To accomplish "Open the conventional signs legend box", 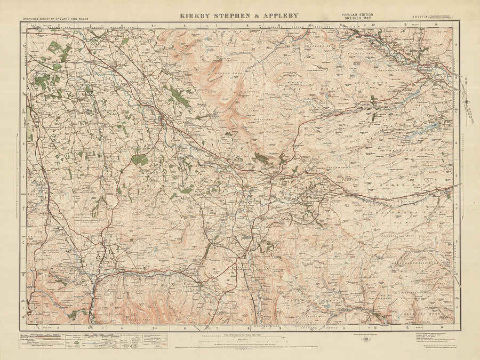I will [x=93, y=341].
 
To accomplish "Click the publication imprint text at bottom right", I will [x=432, y=339].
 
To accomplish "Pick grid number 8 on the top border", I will [x=248, y=25].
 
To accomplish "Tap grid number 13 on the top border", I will [x=405, y=25].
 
